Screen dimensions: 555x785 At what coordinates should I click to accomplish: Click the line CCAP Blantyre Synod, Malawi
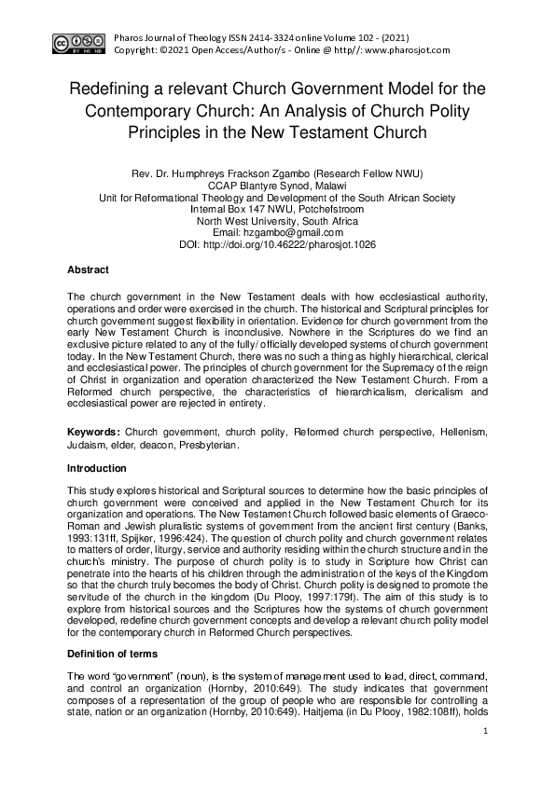pyautogui.click(x=277, y=186)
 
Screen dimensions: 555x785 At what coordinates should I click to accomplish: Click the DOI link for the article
pyautogui.click(x=312, y=244)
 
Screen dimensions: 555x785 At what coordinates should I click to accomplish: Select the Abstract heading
pyautogui.click(x=88, y=269)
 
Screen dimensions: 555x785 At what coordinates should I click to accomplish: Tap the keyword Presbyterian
pyautogui.click(x=207, y=446)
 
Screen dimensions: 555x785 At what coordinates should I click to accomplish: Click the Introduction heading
pyautogui.click(x=97, y=468)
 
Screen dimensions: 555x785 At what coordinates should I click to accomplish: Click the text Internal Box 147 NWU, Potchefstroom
pyautogui.click(x=277, y=210)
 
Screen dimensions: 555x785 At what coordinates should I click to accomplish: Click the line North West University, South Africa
pyautogui.click(x=277, y=221)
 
